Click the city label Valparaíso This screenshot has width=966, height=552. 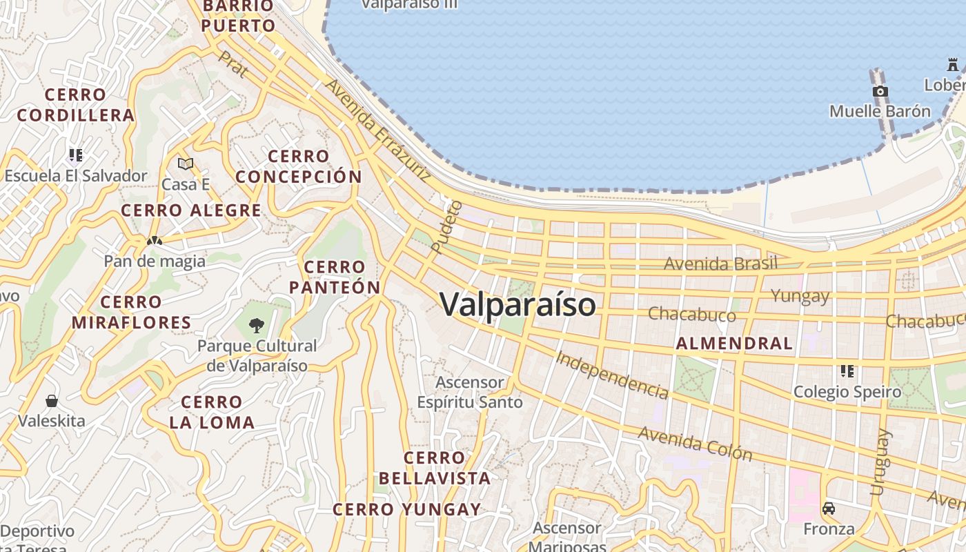pyautogui.click(x=517, y=304)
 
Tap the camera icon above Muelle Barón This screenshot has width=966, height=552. pyautogui.click(x=880, y=91)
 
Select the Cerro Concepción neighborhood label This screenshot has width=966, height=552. pyautogui.click(x=299, y=166)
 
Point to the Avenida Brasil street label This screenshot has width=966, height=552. pyautogui.click(x=720, y=264)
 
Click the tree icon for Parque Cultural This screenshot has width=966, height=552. pyautogui.click(x=257, y=325)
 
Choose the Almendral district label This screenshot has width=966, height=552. pyautogui.click(x=734, y=343)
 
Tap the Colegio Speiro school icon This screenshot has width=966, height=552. pyautogui.click(x=847, y=371)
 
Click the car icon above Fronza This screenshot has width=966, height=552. pyautogui.click(x=829, y=509)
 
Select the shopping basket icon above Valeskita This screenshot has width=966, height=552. pyautogui.click(x=52, y=401)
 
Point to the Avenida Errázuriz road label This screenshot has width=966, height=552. pyautogui.click(x=377, y=130)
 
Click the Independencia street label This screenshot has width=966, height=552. pyautogui.click(x=612, y=375)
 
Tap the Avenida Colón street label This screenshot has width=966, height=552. pyautogui.click(x=695, y=443)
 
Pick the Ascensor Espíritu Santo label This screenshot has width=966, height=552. pyautogui.click(x=470, y=392)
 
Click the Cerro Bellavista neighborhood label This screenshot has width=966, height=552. pyautogui.click(x=434, y=468)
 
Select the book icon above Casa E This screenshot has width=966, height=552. pyautogui.click(x=185, y=164)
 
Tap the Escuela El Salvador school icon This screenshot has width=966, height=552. pyautogui.click(x=75, y=155)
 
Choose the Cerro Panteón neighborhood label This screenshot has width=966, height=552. pyautogui.click(x=335, y=277)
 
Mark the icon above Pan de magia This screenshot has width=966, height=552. pyautogui.click(x=155, y=241)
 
